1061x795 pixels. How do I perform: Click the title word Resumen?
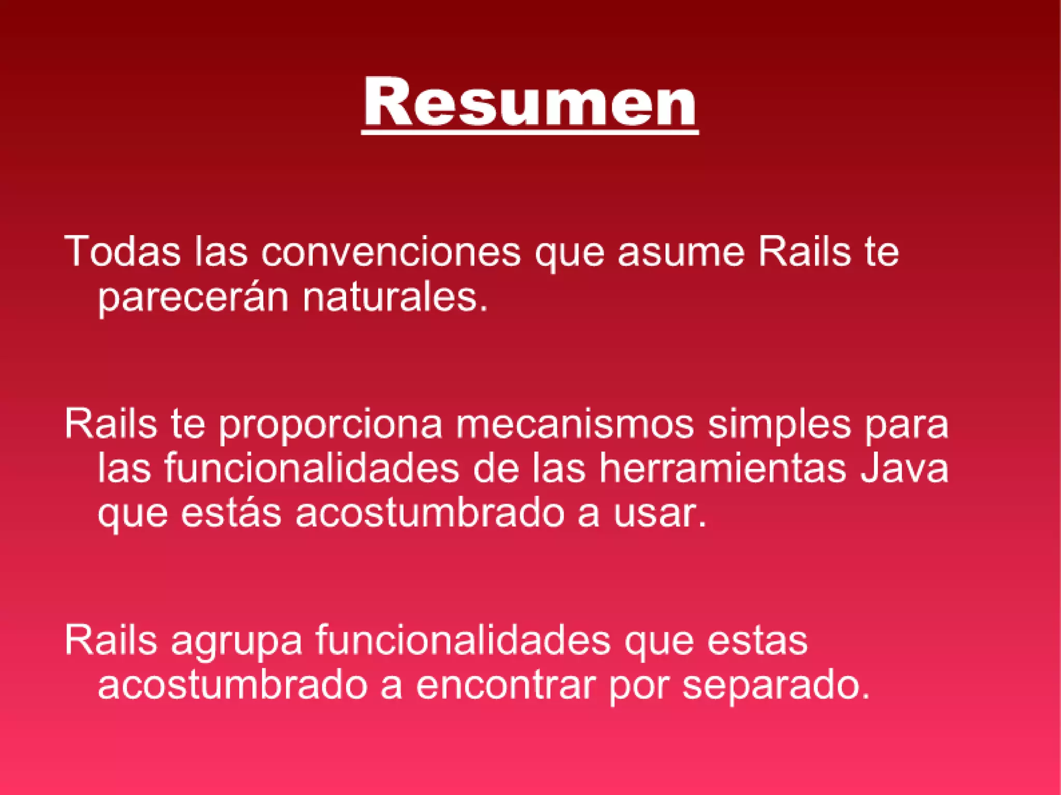(530, 102)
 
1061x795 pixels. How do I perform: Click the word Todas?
(122, 252)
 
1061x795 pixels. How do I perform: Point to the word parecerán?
(193, 298)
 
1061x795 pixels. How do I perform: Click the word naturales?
(395, 298)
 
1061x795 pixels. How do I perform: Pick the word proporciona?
(331, 424)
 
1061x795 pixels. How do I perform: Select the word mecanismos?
(575, 424)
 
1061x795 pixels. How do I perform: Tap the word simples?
(780, 424)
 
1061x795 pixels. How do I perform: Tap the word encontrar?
(506, 685)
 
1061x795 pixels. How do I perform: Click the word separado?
(776, 685)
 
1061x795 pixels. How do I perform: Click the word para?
(907, 424)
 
